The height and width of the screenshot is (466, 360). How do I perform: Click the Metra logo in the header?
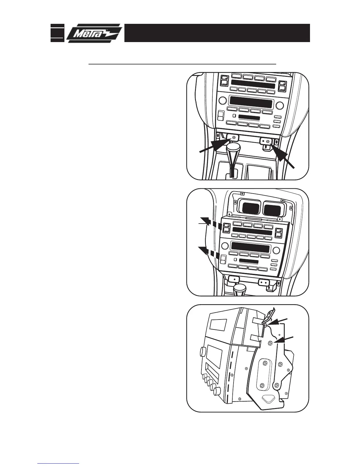[x=94, y=33]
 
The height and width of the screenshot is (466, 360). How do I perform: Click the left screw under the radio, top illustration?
[x=234, y=137]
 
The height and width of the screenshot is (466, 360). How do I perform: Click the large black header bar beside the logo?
[x=217, y=33]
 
